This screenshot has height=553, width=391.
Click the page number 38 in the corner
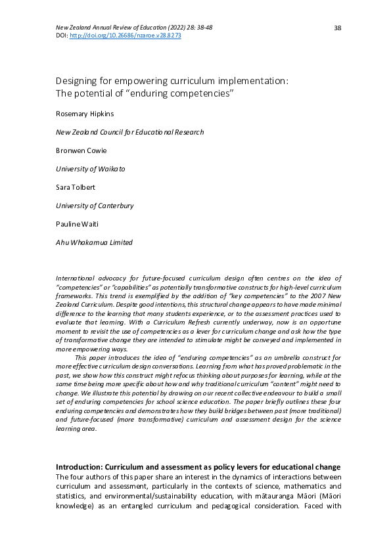[338, 28]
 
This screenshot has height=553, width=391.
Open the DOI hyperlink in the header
[126, 35]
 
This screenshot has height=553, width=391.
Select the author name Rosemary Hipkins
[85, 114]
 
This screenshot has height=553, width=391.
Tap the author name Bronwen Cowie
[81, 150]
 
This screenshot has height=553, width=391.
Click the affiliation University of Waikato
[90, 169]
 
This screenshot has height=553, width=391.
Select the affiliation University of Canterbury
[95, 206]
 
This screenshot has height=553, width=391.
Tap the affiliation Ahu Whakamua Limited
[94, 242]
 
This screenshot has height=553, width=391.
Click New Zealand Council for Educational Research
[129, 132]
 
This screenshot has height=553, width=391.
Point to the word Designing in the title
[77, 81]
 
